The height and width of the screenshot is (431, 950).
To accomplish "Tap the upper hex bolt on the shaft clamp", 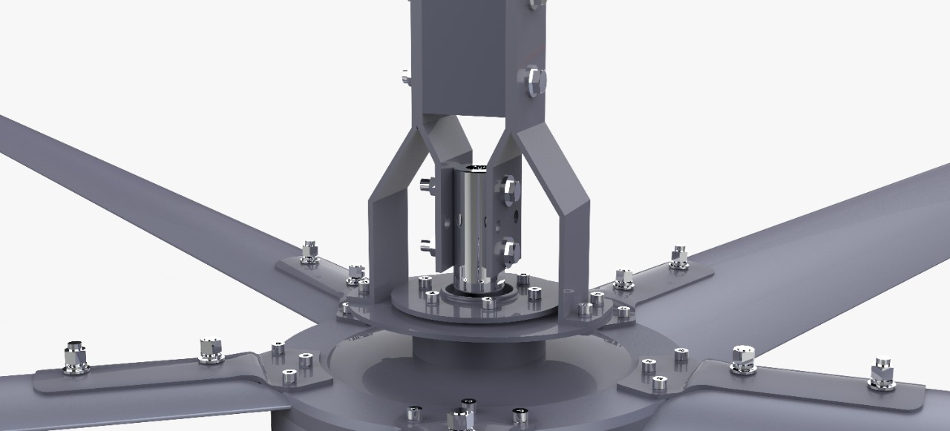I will [509, 188].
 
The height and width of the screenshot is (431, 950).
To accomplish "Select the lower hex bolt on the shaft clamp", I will [508, 249].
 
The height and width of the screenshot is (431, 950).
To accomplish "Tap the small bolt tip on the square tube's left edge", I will [405, 76].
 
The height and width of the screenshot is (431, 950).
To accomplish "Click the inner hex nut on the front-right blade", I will [743, 358].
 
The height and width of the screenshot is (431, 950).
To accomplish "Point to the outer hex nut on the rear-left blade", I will [309, 252].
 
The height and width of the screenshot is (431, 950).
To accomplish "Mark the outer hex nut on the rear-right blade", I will [678, 257].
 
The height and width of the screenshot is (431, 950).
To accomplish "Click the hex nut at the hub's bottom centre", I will [458, 420].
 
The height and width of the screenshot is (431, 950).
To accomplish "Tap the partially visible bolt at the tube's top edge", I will [536, 4].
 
